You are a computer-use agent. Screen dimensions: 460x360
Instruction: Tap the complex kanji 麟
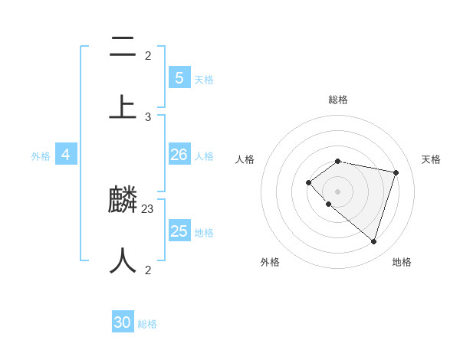coord(123,201)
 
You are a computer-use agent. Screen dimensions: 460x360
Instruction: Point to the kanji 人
coord(123,261)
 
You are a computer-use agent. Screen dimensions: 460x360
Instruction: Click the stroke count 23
coord(148,208)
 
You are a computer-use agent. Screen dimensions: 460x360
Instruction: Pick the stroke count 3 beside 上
coord(148,116)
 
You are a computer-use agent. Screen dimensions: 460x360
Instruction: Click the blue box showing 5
coord(179,78)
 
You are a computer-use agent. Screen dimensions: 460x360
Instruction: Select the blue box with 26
coord(179,155)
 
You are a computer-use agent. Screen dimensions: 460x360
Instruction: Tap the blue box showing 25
coord(179,231)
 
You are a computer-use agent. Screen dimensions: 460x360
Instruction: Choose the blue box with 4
coord(66,155)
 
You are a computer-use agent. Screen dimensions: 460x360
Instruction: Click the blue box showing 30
coord(123,322)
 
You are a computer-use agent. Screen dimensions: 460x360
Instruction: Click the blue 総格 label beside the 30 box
coord(147,324)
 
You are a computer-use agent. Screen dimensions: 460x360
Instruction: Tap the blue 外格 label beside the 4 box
coord(41,156)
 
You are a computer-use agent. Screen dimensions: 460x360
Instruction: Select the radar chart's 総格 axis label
coord(338,100)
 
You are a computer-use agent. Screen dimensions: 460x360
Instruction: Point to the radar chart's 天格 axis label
coord(432,159)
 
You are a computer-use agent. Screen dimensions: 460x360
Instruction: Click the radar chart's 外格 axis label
coord(270,262)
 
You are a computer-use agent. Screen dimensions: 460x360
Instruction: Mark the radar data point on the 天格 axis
coord(396,172)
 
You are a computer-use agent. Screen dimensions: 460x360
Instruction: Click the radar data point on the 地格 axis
coord(373,241)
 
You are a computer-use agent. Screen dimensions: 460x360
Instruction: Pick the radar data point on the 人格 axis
coord(308,182)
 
